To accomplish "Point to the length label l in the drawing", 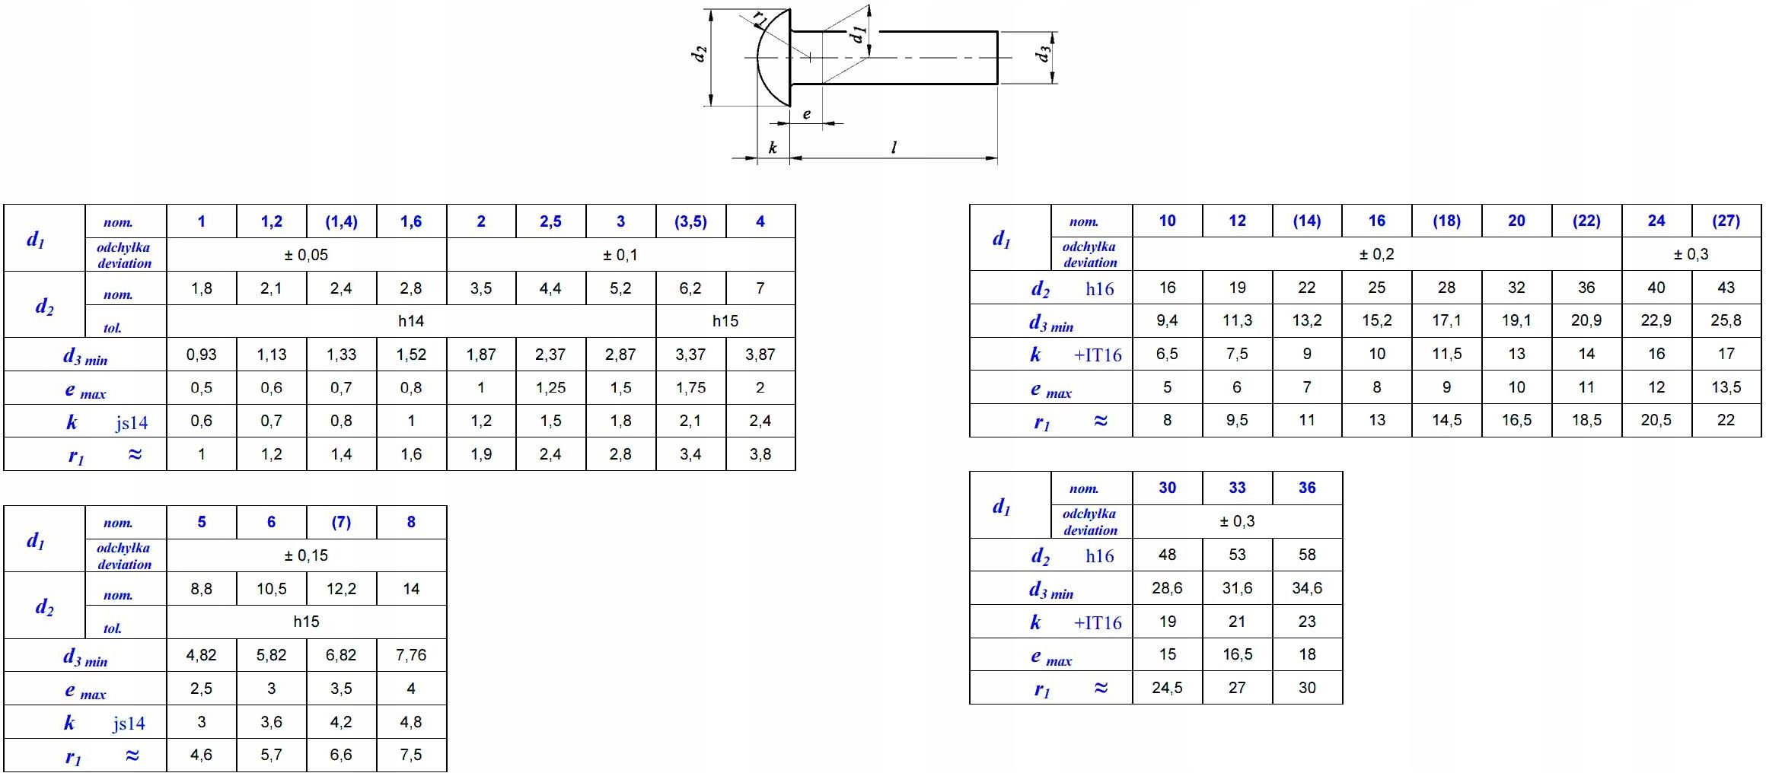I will click(894, 148).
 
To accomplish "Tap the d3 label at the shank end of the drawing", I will click(1044, 54).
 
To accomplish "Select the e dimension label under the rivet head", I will click(807, 115).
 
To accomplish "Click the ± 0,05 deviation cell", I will click(306, 255).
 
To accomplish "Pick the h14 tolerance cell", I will click(411, 321).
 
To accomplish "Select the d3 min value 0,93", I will click(201, 355).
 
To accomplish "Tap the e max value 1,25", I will click(550, 388).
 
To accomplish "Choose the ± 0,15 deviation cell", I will click(306, 555).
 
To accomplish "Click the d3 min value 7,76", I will click(411, 655).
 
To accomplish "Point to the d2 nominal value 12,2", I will click(341, 589).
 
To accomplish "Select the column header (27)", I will click(1726, 221).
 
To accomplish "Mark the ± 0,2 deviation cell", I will click(1376, 254).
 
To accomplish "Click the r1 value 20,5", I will click(1656, 420).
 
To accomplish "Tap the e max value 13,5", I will click(1726, 387).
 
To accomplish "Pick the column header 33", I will click(1237, 488).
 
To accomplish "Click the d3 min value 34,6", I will click(1307, 588).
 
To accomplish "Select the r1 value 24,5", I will click(1167, 688).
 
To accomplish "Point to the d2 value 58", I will click(1307, 555).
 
